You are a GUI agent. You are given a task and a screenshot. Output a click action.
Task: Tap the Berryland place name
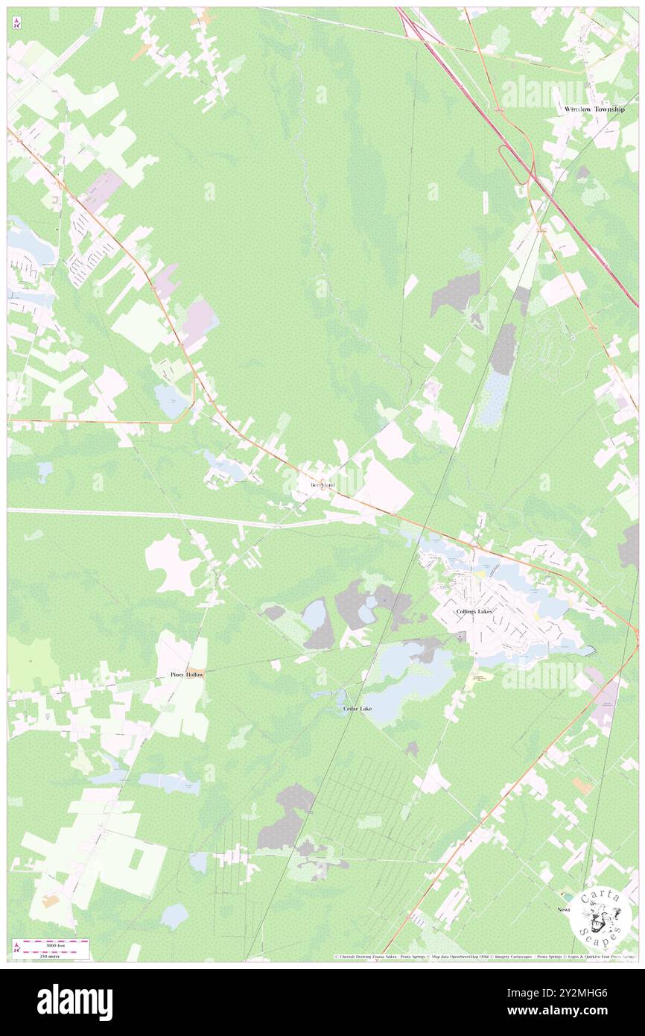click(x=323, y=485)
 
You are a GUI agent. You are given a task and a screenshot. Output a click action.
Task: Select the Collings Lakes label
click(x=474, y=612)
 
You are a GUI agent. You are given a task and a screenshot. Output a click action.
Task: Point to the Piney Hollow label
click(x=186, y=674)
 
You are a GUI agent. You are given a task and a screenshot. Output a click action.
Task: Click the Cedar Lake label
click(x=358, y=709)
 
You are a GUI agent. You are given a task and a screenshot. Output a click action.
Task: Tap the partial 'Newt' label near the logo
click(x=564, y=910)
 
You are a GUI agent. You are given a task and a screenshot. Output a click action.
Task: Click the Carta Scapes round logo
click(x=600, y=917)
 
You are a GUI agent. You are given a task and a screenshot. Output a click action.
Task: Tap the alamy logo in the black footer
click(x=74, y=1002)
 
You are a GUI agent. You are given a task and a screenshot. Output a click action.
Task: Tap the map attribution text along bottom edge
click(x=484, y=956)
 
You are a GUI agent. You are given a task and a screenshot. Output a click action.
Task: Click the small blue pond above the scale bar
click(x=174, y=915)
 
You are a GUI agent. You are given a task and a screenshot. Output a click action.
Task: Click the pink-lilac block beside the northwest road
click(x=101, y=190)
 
